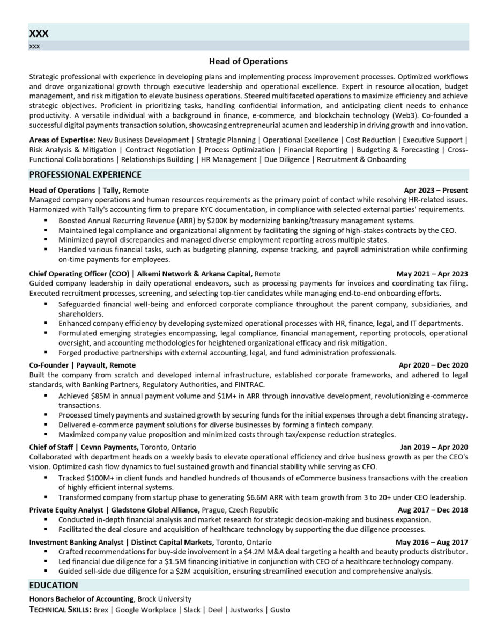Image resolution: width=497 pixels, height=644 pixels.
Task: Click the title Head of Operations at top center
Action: pos(248,61)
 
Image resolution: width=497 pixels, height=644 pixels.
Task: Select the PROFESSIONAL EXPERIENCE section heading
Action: pos(85,174)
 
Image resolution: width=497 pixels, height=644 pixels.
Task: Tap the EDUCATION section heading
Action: pos(53,585)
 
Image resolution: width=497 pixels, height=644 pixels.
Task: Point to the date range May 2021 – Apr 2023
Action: pos(432,274)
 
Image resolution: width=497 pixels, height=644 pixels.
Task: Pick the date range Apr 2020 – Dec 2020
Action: pos(433,365)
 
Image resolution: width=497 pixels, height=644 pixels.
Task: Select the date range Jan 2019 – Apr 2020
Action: pos(434,447)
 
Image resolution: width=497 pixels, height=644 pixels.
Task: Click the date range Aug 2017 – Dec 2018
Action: pos(433,510)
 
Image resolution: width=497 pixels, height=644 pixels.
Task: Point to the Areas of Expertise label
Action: pos(62,140)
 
